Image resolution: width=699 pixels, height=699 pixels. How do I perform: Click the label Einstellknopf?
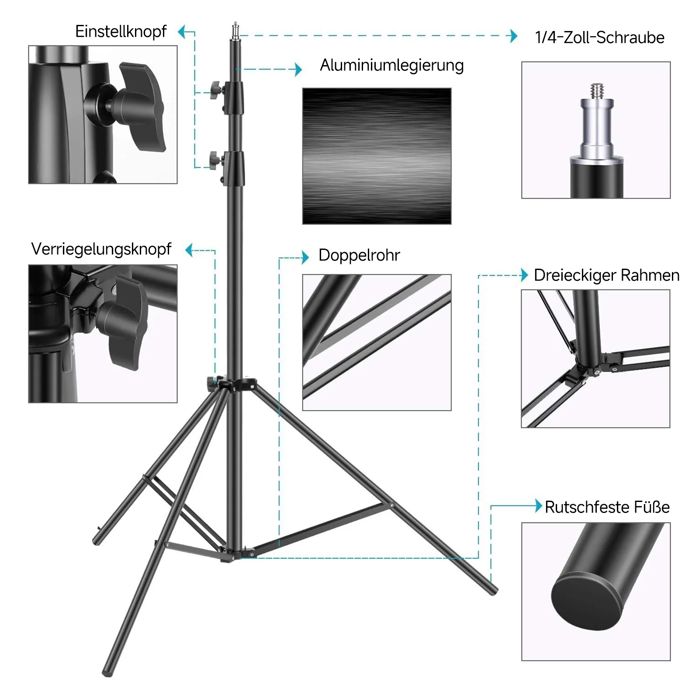[x=121, y=31]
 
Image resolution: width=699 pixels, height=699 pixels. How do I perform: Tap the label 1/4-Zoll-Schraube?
[x=599, y=38]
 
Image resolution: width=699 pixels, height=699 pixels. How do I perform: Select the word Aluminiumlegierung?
[x=392, y=66]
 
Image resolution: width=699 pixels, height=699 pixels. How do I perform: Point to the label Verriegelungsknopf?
[x=101, y=249]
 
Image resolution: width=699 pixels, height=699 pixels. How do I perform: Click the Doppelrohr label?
[x=359, y=255]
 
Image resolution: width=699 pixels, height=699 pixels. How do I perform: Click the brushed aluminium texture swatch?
[x=377, y=156]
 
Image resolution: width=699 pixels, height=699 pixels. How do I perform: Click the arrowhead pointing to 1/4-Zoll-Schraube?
[x=514, y=36]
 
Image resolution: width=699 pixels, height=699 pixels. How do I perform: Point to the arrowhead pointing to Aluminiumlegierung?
[x=299, y=69]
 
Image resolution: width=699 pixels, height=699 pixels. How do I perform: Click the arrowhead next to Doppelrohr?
[x=305, y=258]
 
